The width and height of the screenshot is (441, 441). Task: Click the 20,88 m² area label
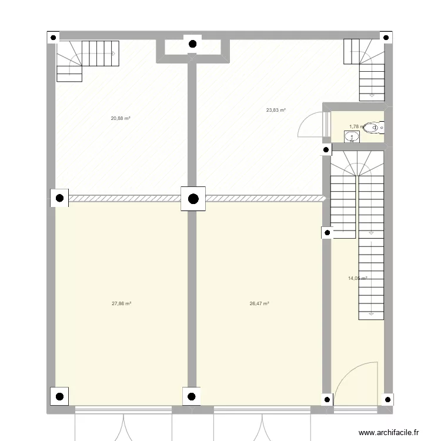coord(121,118)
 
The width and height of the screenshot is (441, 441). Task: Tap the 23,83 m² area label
coord(276,110)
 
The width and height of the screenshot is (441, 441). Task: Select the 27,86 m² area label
coord(121,304)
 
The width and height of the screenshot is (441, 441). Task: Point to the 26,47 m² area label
coord(259,304)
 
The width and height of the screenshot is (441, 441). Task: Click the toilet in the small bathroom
coord(373,126)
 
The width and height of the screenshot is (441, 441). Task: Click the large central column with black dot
coord(193,199)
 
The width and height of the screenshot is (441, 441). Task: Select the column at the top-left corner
coord(54,37)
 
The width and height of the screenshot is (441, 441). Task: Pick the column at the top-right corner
coord(387,37)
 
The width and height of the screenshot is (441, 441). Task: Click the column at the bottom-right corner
coord(387,399)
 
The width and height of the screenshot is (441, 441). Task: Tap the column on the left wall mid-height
coord(59,199)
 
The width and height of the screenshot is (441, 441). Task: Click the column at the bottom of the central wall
coord(192,396)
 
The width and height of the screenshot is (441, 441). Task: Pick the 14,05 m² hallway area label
coord(357,279)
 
